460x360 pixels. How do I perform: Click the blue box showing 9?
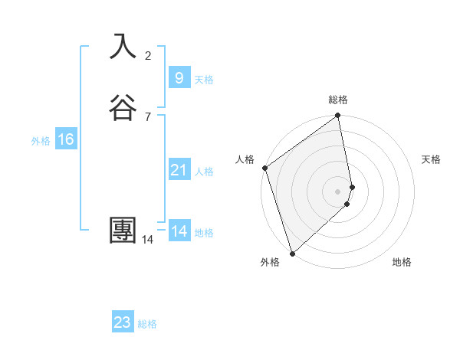[179, 77]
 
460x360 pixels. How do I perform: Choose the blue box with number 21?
[179, 170]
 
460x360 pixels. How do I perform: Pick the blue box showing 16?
[65, 139]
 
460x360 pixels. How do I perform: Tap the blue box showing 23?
[123, 322]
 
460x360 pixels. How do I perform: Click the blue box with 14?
[179, 231]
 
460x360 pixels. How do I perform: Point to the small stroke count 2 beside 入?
[148, 55]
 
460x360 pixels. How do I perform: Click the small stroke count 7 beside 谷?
[148, 116]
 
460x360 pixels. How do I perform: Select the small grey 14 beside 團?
[148, 240]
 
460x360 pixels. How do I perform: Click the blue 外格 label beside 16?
[41, 141]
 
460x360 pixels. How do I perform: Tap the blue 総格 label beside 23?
[147, 324]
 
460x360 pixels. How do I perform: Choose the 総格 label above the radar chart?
[338, 100]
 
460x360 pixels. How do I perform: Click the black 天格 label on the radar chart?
[432, 159]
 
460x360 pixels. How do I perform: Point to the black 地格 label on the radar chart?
[402, 262]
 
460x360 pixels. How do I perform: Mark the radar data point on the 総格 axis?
[338, 116]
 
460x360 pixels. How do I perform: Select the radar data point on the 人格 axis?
[264, 168]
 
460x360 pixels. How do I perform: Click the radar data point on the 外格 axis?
[292, 253]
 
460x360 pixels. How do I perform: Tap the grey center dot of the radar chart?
[338, 191]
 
